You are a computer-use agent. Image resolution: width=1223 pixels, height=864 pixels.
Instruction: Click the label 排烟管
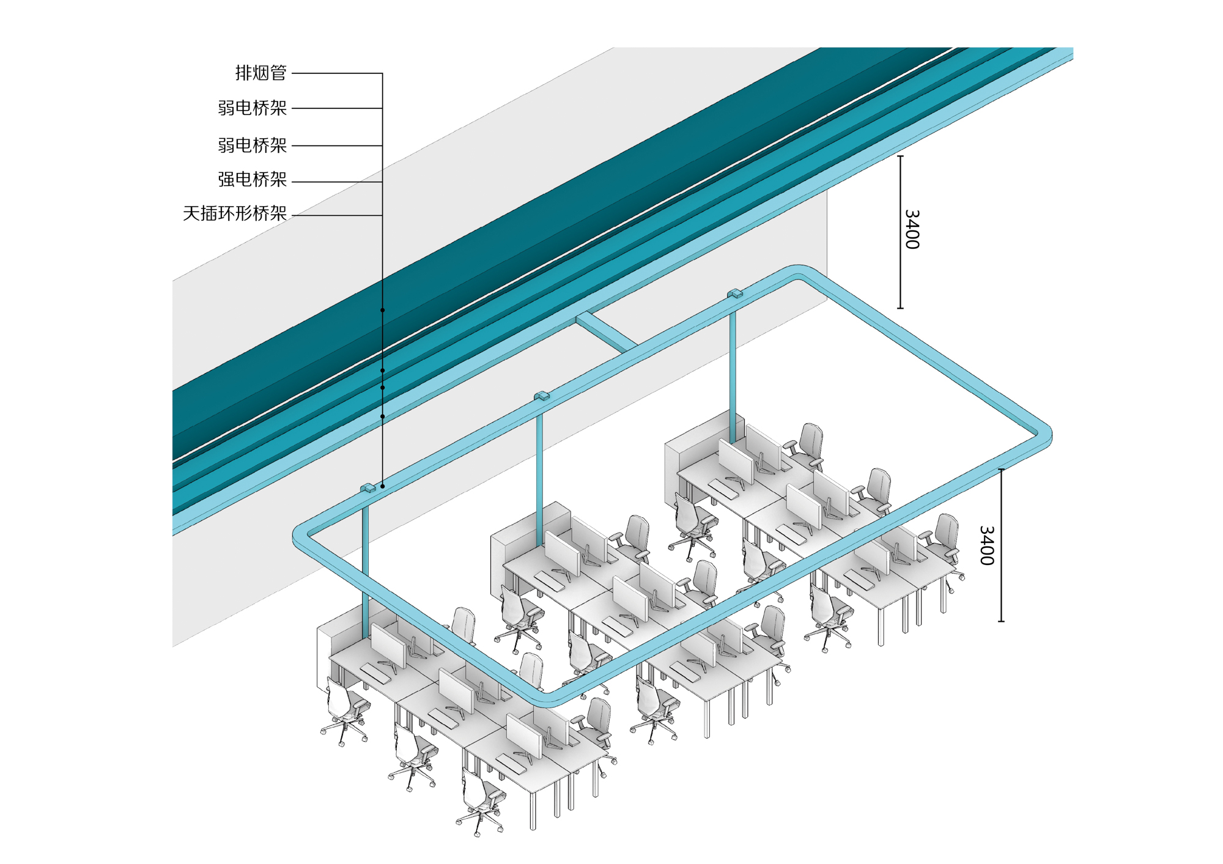click(x=261, y=73)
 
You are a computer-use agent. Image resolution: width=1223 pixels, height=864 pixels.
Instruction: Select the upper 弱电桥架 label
click(x=253, y=108)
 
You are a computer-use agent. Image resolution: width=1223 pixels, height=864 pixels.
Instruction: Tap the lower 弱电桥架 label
click(x=253, y=146)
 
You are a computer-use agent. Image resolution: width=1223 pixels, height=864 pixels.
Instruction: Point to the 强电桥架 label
click(x=253, y=180)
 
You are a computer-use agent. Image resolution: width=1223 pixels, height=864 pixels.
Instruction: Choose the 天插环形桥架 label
click(x=235, y=213)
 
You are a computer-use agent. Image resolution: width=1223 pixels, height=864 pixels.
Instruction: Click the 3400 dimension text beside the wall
click(x=911, y=229)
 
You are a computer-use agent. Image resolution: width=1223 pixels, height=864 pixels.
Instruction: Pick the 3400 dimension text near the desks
click(x=986, y=545)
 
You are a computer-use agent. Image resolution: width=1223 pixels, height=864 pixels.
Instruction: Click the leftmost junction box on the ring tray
click(x=368, y=488)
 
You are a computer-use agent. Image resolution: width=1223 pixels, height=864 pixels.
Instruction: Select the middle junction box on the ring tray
click(x=542, y=396)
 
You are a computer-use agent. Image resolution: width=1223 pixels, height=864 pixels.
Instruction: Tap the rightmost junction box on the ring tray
click(x=735, y=294)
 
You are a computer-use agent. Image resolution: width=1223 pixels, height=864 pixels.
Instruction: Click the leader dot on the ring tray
click(x=383, y=486)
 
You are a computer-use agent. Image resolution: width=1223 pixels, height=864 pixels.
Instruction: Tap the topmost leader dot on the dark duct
click(x=383, y=310)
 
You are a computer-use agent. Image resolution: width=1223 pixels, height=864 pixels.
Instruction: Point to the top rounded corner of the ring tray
click(x=797, y=271)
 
